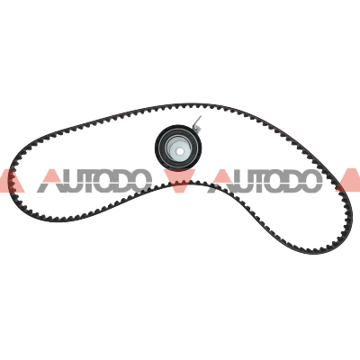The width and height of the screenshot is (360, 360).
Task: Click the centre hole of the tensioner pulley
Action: click(x=179, y=151)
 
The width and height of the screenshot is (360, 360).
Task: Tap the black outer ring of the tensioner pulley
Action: click(x=158, y=148)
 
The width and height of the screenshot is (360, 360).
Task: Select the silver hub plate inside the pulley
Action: click(x=179, y=148)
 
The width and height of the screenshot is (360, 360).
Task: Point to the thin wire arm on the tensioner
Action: click(x=197, y=123)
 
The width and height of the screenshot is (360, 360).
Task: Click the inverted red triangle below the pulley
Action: click(x=180, y=180)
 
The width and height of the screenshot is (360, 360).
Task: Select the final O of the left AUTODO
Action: click(x=140, y=181)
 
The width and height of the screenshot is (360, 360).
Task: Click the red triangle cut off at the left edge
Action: click(x=12, y=181)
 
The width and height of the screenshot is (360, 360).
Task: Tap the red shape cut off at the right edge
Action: click(x=348, y=181)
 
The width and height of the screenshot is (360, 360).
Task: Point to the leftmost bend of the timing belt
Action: click(x=11, y=180)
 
